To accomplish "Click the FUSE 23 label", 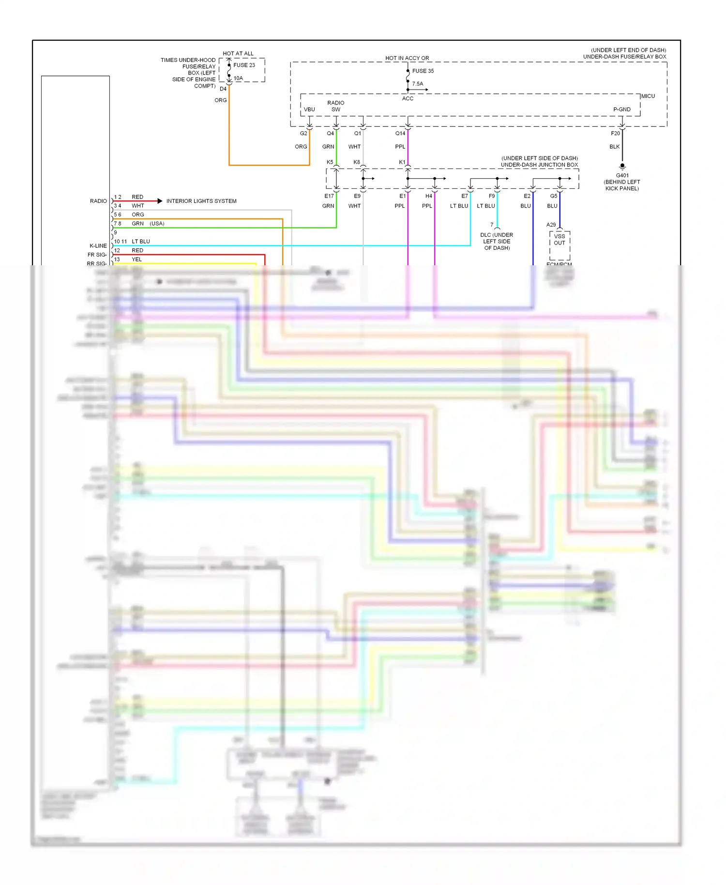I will (244, 65).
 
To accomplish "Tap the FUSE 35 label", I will (423, 71).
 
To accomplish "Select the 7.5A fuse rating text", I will (418, 84).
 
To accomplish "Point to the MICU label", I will (648, 96).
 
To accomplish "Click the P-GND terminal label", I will (621, 109).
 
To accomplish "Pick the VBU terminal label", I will (309, 109).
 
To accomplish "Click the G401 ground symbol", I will (622, 166).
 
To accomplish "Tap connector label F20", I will (615, 133).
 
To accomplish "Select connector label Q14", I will (400, 133).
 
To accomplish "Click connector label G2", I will (303, 133).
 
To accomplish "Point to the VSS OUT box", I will (560, 240).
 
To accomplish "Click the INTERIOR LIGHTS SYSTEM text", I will (201, 201).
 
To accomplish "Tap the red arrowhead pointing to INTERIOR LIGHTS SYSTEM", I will (160, 201).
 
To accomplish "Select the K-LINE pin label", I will (98, 246).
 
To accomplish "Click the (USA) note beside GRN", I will (157, 224).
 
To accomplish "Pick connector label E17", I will (329, 196).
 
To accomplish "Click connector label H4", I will (429, 196).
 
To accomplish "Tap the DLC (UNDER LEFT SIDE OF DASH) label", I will (497, 241).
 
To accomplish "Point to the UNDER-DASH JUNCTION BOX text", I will (539, 165).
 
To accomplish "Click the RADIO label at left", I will (98, 201).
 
